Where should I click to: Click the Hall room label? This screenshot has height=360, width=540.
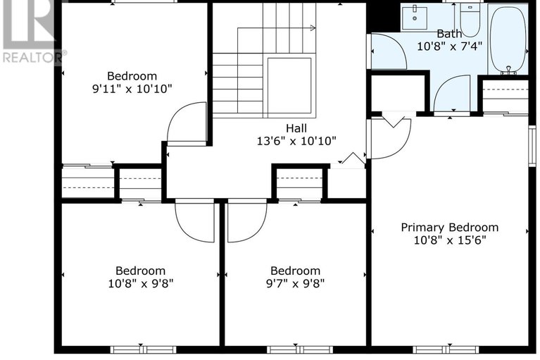click(296, 128)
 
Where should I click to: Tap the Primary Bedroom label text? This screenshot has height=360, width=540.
click(449, 228)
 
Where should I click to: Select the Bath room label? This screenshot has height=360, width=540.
click(449, 34)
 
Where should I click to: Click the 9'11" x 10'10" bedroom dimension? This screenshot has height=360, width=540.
click(132, 89)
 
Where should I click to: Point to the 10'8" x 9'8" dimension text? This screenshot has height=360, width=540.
click(141, 283)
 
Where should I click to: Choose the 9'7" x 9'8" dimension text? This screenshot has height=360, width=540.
click(295, 283)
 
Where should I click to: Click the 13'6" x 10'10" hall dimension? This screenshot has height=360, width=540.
click(296, 141)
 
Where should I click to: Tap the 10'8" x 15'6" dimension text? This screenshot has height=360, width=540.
click(449, 240)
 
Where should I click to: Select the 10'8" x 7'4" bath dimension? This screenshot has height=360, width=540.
click(449, 46)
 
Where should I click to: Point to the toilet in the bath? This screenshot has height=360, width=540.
click(470, 20)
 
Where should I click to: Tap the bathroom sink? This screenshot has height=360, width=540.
click(415, 17)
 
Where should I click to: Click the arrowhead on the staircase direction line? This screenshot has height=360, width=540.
click(313, 28)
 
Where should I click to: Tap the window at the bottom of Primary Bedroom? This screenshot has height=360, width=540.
click(446, 349)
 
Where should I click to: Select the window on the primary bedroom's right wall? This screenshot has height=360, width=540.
click(532, 147)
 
